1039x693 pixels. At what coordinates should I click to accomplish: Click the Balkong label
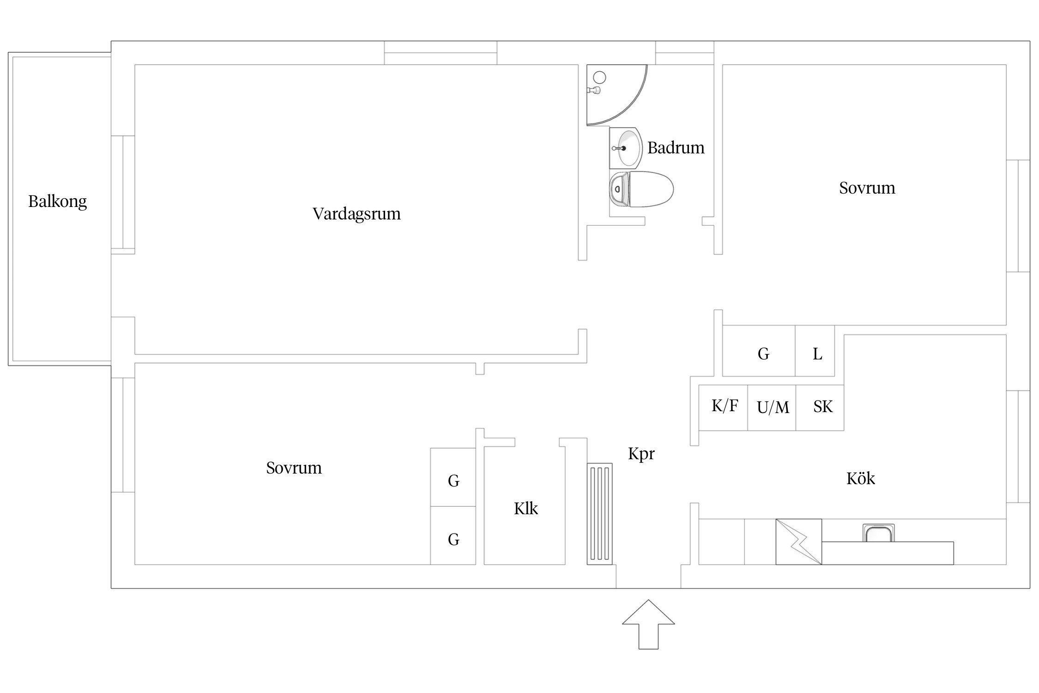pyautogui.click(x=57, y=201)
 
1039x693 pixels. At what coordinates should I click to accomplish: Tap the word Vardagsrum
pyautogui.click(x=356, y=214)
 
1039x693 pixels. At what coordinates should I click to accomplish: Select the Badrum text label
pyautogui.click(x=676, y=148)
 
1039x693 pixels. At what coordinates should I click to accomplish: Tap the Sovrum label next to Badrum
pyautogui.click(x=867, y=188)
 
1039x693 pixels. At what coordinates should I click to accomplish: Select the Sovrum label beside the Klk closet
pyautogui.click(x=294, y=468)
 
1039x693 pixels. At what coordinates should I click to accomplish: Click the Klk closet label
pyautogui.click(x=526, y=509)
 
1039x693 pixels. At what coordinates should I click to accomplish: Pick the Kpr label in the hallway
pyautogui.click(x=641, y=454)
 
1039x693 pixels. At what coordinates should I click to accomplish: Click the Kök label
pyautogui.click(x=860, y=479)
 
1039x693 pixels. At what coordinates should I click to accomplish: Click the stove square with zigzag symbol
pyautogui.click(x=798, y=541)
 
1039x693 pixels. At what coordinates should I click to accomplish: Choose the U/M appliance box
pyautogui.click(x=772, y=407)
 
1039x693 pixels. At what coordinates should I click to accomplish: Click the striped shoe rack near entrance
pyautogui.click(x=599, y=514)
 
